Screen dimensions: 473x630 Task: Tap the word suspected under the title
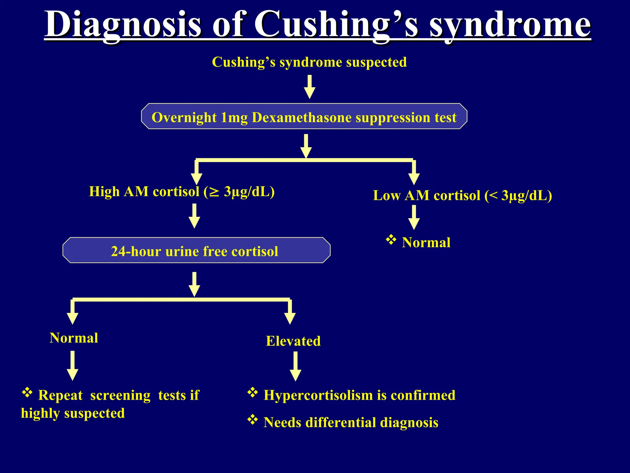pyautogui.click(x=376, y=62)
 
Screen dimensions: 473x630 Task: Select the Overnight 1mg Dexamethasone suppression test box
pyautogui.click(x=304, y=116)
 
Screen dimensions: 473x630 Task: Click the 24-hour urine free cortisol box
pyautogui.click(x=196, y=250)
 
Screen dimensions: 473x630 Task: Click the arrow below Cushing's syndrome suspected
pyautogui.click(x=309, y=87)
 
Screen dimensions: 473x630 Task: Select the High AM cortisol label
pyautogui.click(x=181, y=192)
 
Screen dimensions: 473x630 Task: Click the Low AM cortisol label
pyautogui.click(x=462, y=196)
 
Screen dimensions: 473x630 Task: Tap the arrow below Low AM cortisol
pyautogui.click(x=414, y=217)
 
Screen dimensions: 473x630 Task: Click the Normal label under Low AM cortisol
pyautogui.click(x=426, y=243)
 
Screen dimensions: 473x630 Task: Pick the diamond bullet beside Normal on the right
pyautogui.click(x=391, y=240)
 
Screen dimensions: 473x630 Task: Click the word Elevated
pyautogui.click(x=293, y=341)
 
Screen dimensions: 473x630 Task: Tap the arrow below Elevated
pyautogui.click(x=295, y=366)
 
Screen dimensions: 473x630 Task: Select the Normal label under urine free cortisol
pyautogui.click(x=74, y=338)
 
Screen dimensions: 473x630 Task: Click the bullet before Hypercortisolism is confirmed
pyautogui.click(x=253, y=392)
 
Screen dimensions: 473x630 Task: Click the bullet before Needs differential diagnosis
pyautogui.click(x=253, y=419)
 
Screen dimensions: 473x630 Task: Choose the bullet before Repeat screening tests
pyautogui.click(x=27, y=392)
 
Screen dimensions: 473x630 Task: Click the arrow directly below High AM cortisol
pyautogui.click(x=194, y=216)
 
